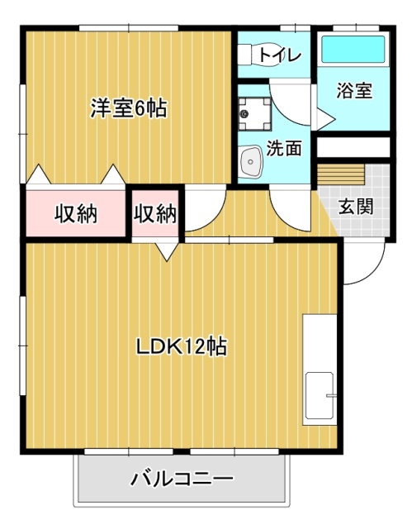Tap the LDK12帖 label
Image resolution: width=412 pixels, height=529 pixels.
point(182,346)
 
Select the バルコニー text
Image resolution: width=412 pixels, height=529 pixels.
point(182,479)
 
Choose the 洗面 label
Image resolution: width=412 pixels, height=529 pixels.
point(283,149)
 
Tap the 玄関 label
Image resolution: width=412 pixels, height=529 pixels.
point(356,206)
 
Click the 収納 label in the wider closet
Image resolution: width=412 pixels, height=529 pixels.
point(77,213)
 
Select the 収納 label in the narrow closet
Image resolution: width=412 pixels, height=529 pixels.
point(155,213)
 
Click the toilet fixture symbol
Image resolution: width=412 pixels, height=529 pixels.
point(249,55)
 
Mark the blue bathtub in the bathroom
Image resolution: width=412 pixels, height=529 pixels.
point(353,50)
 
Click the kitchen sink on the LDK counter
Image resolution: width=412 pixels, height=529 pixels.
point(320,396)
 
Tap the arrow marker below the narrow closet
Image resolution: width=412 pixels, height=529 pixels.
point(169,251)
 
